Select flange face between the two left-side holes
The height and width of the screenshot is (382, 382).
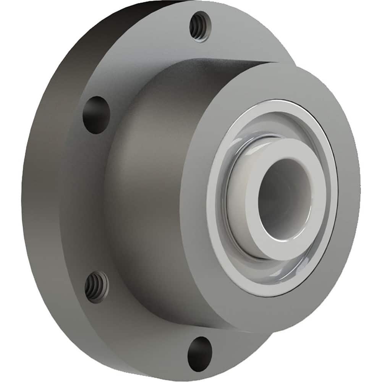(80, 199)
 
